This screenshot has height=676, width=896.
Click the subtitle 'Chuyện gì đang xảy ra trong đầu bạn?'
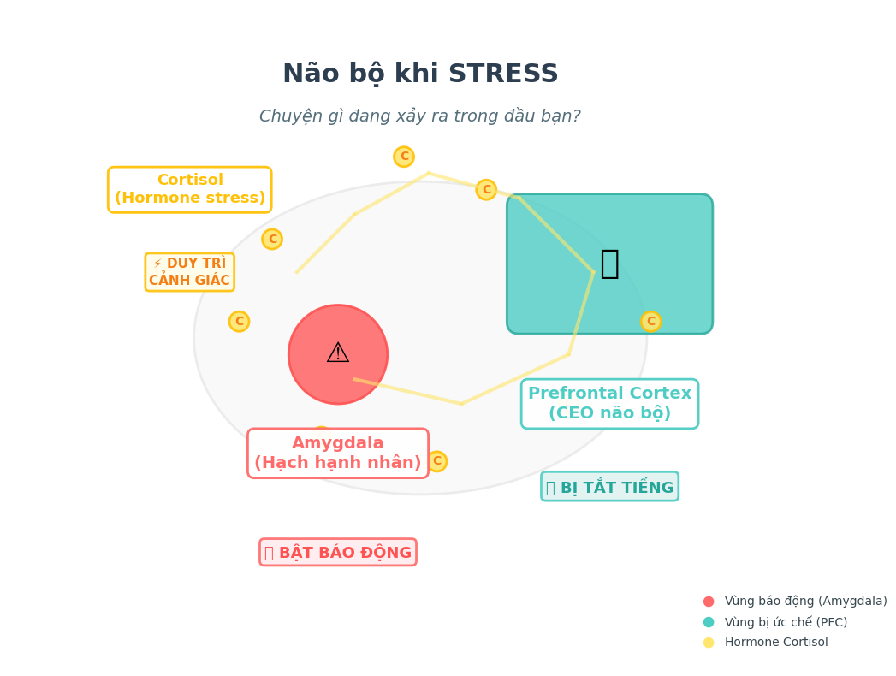(419, 116)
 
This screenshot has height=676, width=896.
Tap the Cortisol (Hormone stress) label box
(189, 189)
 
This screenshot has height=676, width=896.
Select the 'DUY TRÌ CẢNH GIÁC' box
(189, 272)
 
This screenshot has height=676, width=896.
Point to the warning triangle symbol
(338, 353)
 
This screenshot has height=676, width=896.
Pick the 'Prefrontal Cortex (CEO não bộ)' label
(609, 404)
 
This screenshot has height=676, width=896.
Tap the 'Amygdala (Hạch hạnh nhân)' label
(338, 454)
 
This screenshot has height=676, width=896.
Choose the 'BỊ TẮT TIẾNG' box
(609, 487)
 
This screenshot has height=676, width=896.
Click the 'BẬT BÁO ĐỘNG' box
(338, 553)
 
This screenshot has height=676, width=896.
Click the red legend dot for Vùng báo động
(709, 602)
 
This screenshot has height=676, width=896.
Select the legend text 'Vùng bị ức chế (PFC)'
(786, 622)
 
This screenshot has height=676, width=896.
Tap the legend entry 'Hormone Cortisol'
(775, 643)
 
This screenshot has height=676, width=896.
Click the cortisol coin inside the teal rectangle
(650, 322)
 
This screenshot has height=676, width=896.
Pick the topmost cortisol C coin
(404, 157)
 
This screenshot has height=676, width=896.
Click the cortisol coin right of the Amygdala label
(436, 461)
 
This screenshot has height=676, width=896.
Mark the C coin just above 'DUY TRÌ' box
(272, 239)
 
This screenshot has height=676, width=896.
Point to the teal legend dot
(709, 622)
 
